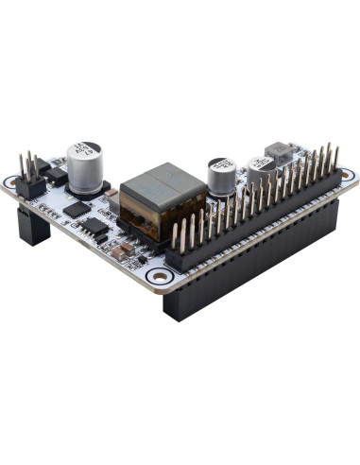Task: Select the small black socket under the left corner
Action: tap(33, 227)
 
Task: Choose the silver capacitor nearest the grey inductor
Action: tap(260, 168)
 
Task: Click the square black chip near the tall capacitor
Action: tap(77, 207)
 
